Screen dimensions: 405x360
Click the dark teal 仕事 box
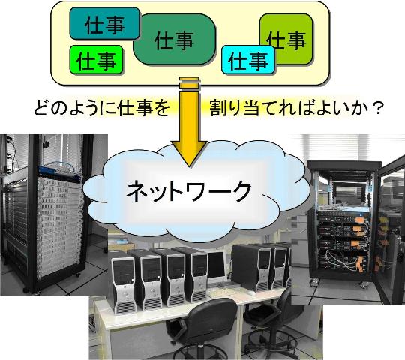tap(104, 23)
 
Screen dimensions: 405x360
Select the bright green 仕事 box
tap(96, 60)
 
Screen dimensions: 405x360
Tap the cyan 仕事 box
tap(248, 60)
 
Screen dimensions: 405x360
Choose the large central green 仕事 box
tap(175, 40)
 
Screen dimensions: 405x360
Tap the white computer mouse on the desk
tap(252, 293)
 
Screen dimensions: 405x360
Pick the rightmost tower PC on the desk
tap(280, 267)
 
